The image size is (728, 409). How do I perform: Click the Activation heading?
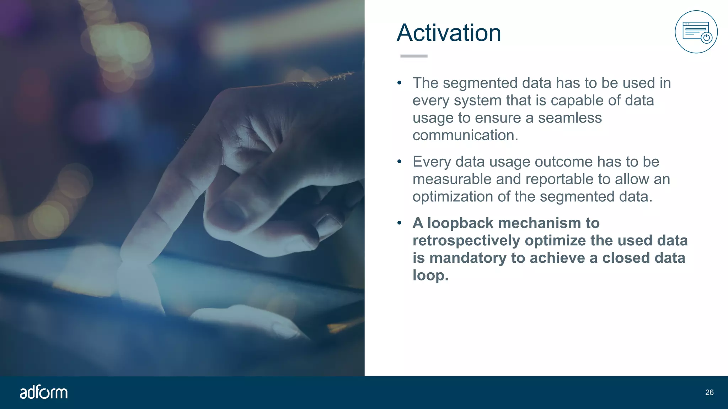pos(449,33)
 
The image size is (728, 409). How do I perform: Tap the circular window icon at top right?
pos(696,32)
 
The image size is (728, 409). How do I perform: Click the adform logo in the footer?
pos(43,392)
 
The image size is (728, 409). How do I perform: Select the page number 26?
pos(709,392)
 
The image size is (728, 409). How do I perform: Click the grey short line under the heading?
pos(414,56)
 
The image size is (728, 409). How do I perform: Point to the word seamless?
pos(569,118)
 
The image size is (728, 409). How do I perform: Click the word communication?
pos(465,135)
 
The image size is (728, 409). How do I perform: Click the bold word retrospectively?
pos(466,241)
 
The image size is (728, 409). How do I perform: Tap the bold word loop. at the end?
pos(430,276)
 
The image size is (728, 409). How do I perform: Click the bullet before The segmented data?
pos(399,83)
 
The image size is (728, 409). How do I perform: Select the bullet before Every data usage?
pos(399,162)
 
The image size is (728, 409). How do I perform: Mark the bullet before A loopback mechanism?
pos(399,223)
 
